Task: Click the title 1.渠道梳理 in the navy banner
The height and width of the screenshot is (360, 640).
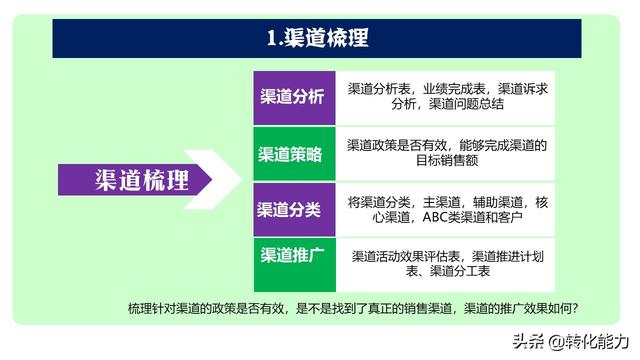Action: pos(317,38)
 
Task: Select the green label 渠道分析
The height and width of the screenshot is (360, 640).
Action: pos(291,97)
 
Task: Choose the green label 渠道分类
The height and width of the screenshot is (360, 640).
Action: pos(291,209)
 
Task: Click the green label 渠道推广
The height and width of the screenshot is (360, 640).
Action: pos(291,256)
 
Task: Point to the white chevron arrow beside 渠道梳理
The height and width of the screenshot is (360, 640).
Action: pos(221,180)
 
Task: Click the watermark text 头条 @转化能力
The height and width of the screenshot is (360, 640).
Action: pos(572,341)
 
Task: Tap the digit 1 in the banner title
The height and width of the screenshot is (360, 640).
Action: pos(271,38)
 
